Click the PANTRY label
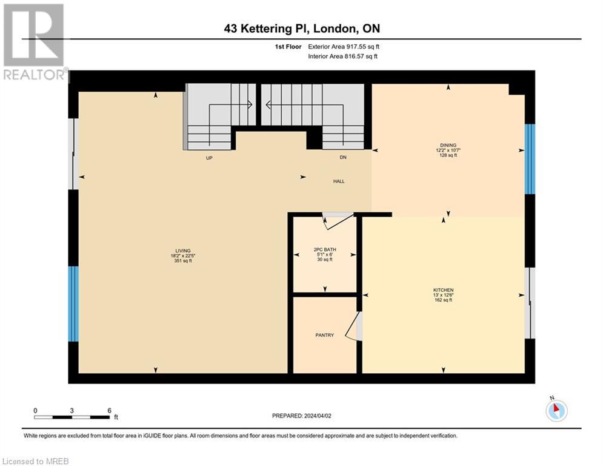point(324,335)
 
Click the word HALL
point(339,181)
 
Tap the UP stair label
point(209,158)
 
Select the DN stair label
point(342,158)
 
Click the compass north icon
point(556,410)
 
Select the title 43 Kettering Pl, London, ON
point(301,29)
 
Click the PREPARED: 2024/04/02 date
point(301,416)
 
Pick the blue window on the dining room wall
point(530,159)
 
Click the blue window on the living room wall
point(73,303)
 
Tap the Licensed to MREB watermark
point(35,461)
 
